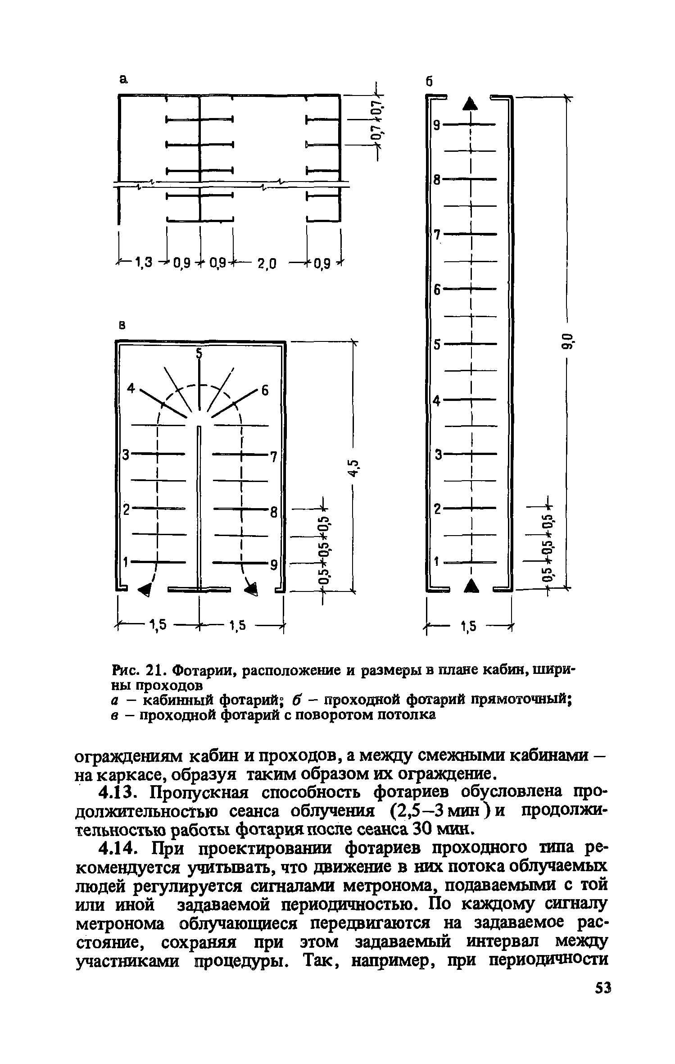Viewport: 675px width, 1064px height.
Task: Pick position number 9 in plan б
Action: pyautogui.click(x=436, y=125)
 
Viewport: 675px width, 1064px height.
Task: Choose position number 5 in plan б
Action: pyautogui.click(x=436, y=345)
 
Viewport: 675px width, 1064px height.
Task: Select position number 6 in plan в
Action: pyautogui.click(x=265, y=391)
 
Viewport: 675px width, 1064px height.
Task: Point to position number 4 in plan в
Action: pyautogui.click(x=131, y=388)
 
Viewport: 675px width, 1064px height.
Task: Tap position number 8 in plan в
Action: pyautogui.click(x=272, y=512)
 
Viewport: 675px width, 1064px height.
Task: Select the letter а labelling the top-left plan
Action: pyautogui.click(x=123, y=79)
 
